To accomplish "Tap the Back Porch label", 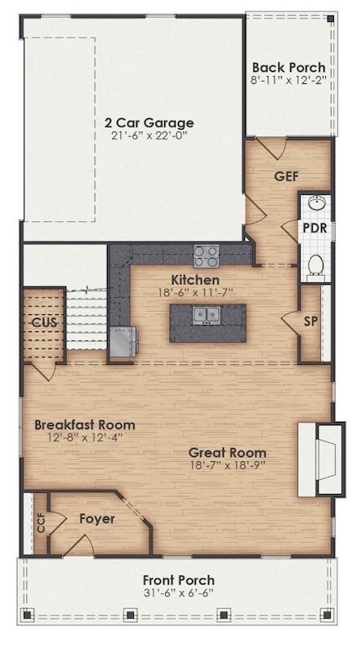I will click(288, 68).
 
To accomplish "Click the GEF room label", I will click(286, 175).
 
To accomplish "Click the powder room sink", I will click(315, 204).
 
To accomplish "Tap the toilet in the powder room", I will click(316, 263).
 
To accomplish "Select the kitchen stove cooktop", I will click(205, 256).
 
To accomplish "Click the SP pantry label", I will click(310, 321).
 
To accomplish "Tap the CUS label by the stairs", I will click(43, 322).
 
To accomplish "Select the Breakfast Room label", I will click(85, 425).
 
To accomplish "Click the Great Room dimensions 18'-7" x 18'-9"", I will click(227, 466).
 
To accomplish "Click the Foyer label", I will click(96, 518).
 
